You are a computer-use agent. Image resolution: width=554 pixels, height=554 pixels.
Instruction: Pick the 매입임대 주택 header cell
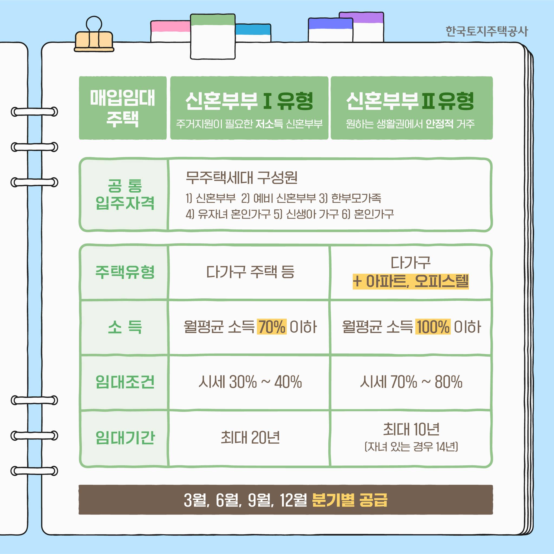[123, 108]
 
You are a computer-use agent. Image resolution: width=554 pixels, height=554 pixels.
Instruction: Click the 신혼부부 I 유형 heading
[249, 101]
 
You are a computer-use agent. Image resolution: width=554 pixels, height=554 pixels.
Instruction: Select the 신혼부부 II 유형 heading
[411, 101]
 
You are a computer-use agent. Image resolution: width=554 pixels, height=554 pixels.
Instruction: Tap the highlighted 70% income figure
[271, 327]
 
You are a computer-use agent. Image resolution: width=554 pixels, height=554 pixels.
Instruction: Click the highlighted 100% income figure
[433, 327]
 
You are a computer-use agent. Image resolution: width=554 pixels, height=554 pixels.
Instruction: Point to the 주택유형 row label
[125, 272]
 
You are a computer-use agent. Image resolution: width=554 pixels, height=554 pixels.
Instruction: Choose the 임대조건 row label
[125, 382]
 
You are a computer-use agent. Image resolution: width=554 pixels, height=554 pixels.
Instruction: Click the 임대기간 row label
[125, 438]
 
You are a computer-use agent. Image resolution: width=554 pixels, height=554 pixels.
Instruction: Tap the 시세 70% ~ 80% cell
[411, 382]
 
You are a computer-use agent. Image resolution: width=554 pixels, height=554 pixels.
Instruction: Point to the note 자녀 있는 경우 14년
[411, 447]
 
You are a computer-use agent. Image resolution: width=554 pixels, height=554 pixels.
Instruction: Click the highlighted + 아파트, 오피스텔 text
[411, 281]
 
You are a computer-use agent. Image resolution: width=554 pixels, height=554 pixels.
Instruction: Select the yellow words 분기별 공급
[349, 500]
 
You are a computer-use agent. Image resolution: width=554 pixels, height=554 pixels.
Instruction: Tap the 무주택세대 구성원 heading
[241, 177]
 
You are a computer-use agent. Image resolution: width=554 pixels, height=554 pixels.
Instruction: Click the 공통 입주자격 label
[125, 194]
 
